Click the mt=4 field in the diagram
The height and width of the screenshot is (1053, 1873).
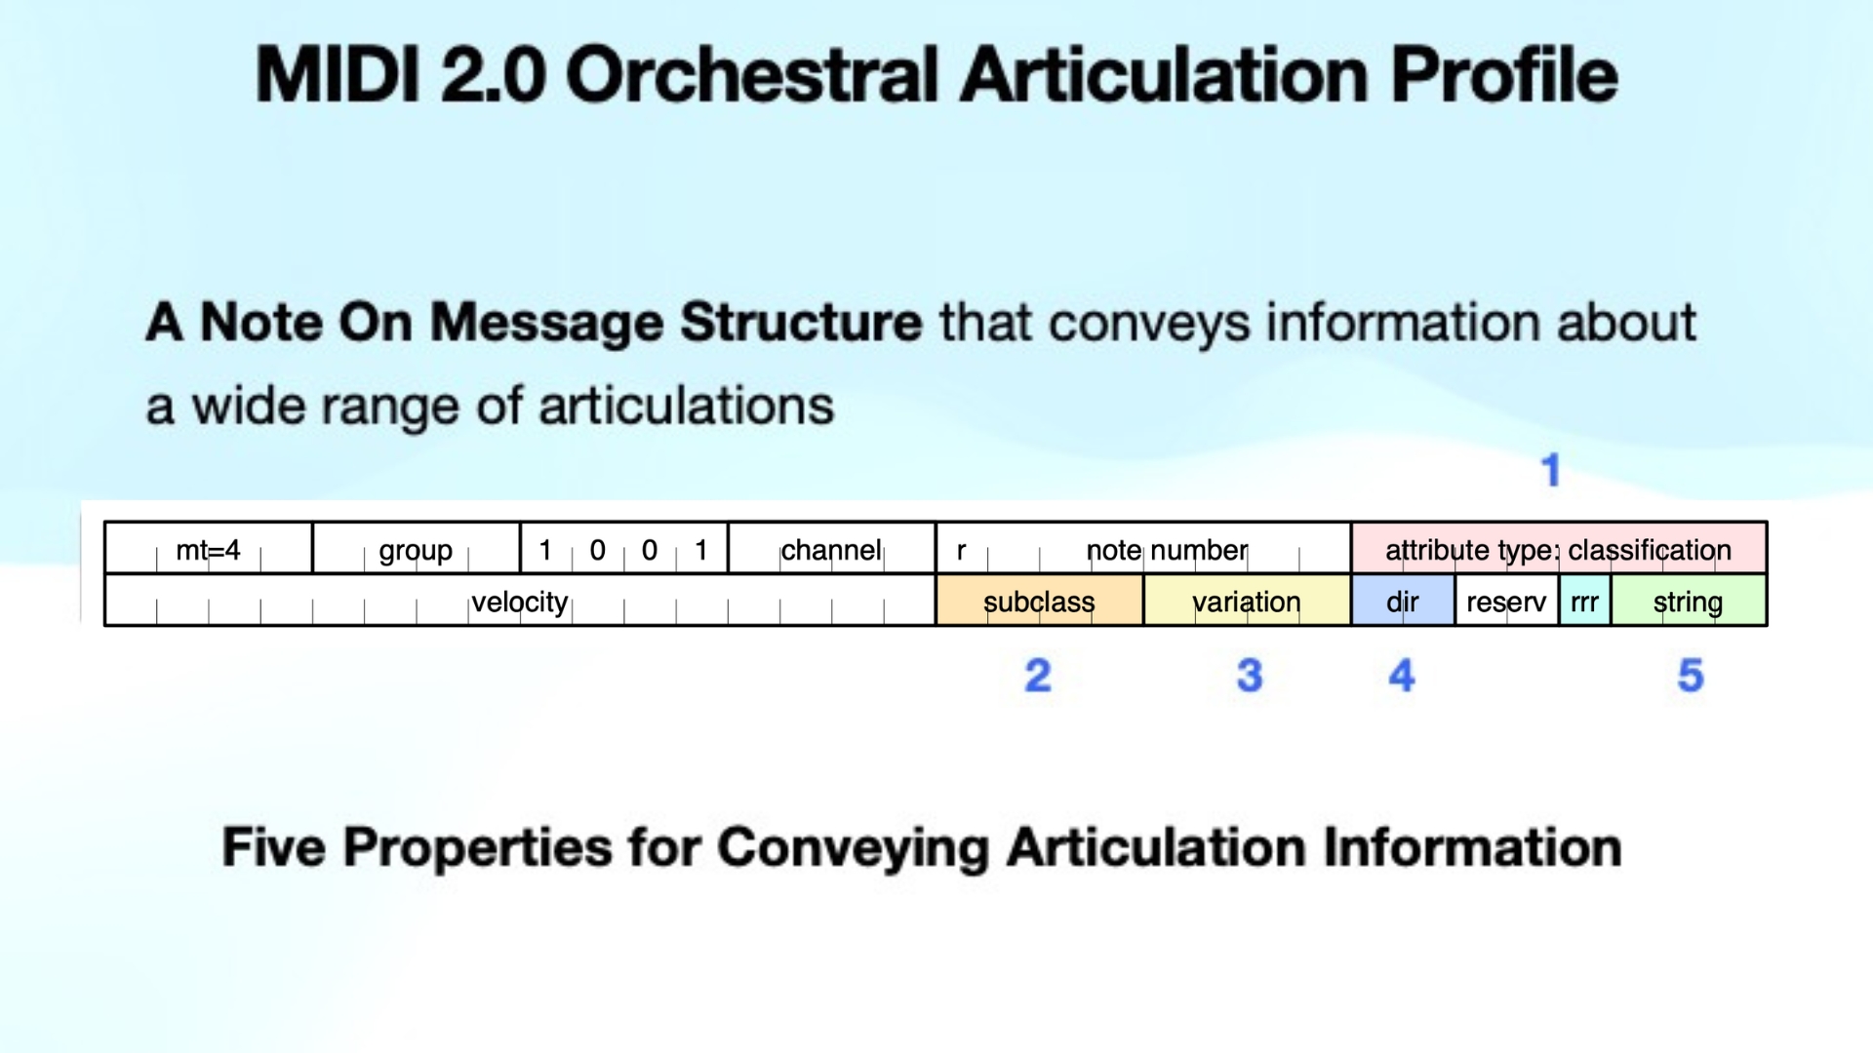pos(208,550)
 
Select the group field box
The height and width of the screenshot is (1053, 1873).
pos(416,550)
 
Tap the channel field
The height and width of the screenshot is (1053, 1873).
pos(831,550)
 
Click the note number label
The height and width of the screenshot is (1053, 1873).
pos(1167,550)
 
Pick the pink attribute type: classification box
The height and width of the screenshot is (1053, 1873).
pos(1558,549)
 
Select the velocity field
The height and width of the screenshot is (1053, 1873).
pos(519,602)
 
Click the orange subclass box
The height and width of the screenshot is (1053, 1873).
pos(1039,602)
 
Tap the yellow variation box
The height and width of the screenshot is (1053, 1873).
pos(1247,602)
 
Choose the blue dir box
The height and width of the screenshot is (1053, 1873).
pos(1402,602)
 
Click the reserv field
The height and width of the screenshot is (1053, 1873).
pos(1506,602)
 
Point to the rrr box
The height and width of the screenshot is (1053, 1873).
pos(1584,602)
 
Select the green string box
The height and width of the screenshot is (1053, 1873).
pos(1688,602)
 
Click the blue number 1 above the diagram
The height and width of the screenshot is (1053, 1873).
pos(1550,470)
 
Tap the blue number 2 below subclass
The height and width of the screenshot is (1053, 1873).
pos(1038,676)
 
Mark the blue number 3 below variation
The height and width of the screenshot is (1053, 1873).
pos(1250,676)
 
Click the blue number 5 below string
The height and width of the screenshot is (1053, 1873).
pos(1691,676)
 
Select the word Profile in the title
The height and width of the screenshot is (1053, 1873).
pos(1503,75)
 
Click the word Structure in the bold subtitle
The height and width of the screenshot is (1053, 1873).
pos(800,322)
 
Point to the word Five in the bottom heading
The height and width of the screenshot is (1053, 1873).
pos(274,846)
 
